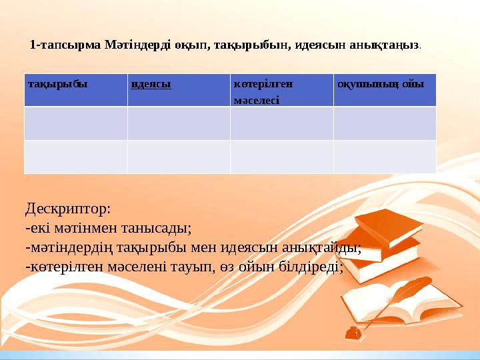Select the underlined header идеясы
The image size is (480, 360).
(151, 85)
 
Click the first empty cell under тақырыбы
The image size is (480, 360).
(75, 123)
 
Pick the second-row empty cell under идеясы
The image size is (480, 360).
(178, 157)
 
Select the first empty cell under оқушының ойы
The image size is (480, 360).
(385, 123)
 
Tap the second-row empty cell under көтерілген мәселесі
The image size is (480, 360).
(281, 157)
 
